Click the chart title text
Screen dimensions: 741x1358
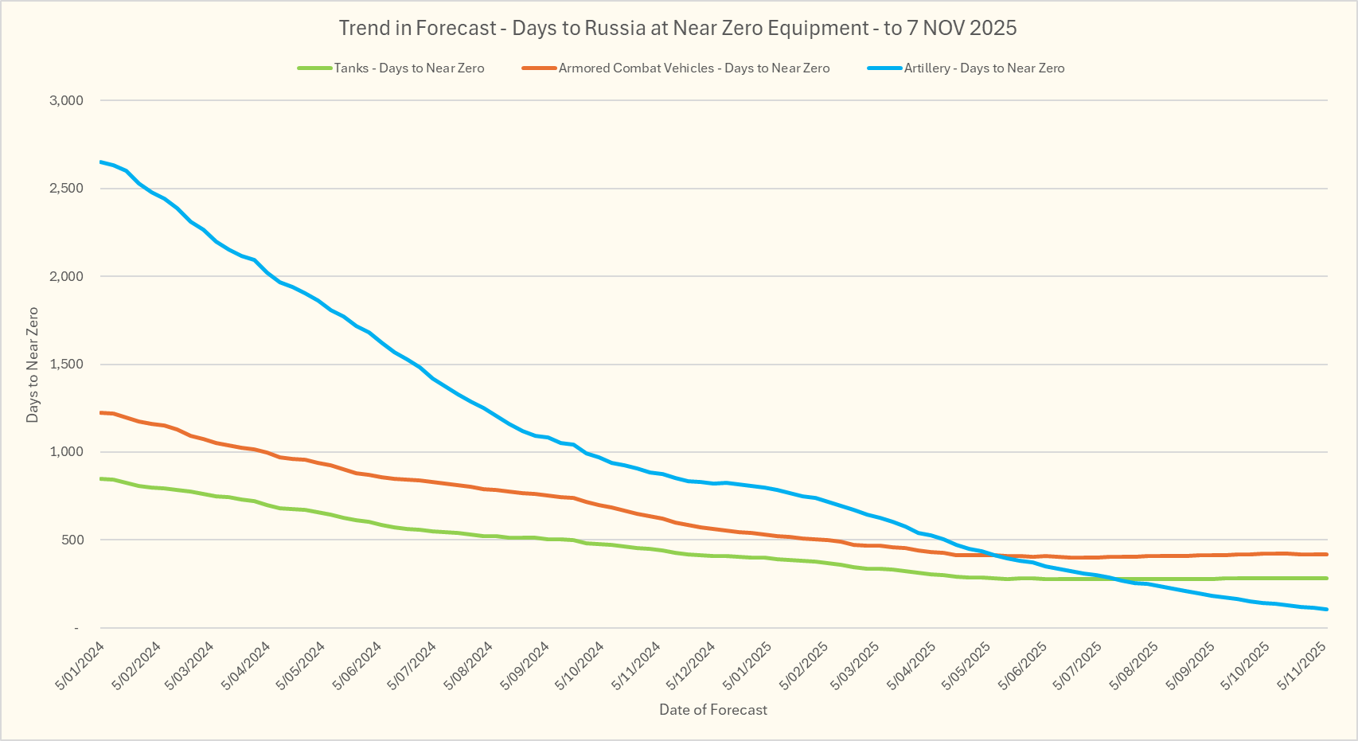pyautogui.click(x=677, y=28)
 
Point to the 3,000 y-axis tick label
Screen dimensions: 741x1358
pyautogui.click(x=66, y=100)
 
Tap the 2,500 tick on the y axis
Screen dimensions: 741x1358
pyautogui.click(x=66, y=189)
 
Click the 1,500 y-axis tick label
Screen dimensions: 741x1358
pyautogui.click(x=66, y=365)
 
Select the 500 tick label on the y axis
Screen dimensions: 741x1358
pyautogui.click(x=72, y=540)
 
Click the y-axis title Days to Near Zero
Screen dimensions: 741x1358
pyautogui.click(x=33, y=365)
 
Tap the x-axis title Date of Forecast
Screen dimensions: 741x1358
pyautogui.click(x=713, y=710)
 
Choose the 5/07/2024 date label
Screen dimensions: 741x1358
pyautogui.click(x=412, y=666)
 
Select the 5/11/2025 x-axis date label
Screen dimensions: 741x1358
pyautogui.click(x=1302, y=666)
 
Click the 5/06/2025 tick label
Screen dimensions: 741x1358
pyautogui.click(x=1023, y=666)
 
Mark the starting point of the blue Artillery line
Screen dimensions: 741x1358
pyautogui.click(x=101, y=162)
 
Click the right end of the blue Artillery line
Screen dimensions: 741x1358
pyautogui.click(x=1326, y=610)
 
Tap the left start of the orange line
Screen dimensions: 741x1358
pyautogui.click(x=101, y=412)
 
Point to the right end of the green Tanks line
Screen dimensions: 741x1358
pyautogui.click(x=1326, y=578)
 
